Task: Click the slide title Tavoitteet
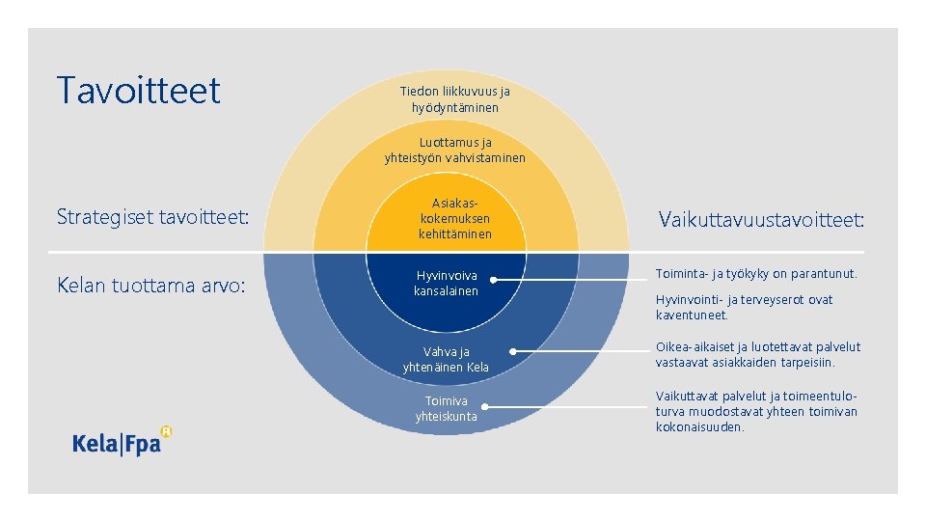(139, 91)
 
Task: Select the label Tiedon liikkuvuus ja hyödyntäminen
(454, 99)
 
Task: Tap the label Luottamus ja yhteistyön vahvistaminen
(454, 150)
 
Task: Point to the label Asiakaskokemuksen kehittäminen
(454, 218)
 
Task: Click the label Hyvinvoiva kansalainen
(446, 283)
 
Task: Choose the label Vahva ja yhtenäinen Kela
(446, 359)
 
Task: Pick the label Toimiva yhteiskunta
(446, 408)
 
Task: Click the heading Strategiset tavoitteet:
(153, 216)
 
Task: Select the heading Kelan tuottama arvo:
(151, 286)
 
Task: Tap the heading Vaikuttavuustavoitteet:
(761, 220)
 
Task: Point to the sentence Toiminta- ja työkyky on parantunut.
(756, 274)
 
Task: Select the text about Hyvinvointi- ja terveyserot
(744, 307)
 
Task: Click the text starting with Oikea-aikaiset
(757, 354)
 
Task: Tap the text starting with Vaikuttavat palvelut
(756, 411)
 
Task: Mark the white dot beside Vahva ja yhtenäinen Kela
(512, 351)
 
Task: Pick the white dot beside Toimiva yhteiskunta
(485, 406)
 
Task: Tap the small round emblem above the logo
(166, 431)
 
